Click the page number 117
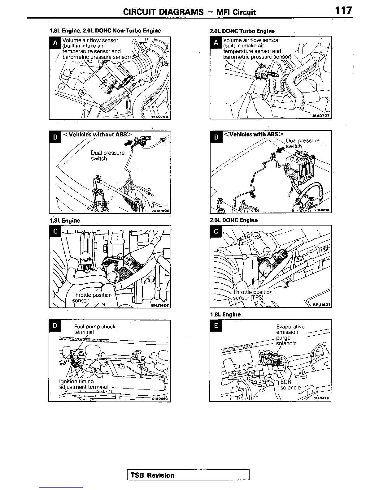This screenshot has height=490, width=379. (x=343, y=11)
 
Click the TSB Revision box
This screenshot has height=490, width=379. (x=188, y=475)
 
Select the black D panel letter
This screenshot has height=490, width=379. (x=55, y=326)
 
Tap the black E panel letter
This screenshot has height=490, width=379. (x=216, y=325)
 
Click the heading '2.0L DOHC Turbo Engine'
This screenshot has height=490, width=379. (x=242, y=31)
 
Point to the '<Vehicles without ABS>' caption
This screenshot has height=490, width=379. (x=97, y=134)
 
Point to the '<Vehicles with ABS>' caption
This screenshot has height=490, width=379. (x=253, y=134)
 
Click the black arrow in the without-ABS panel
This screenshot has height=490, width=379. (x=128, y=143)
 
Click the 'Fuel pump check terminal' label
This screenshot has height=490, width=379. (x=94, y=329)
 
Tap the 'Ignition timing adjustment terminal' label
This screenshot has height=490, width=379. (x=83, y=384)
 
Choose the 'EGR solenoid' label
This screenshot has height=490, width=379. (x=290, y=385)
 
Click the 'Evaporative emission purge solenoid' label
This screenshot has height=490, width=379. (x=290, y=335)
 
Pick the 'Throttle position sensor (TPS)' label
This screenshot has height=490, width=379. (x=252, y=295)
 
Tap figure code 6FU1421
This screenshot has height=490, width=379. (x=321, y=305)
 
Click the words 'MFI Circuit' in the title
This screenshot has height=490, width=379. (x=236, y=12)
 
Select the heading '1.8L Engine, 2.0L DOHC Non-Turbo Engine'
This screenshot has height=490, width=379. (x=105, y=31)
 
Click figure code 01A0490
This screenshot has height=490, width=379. (x=159, y=399)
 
